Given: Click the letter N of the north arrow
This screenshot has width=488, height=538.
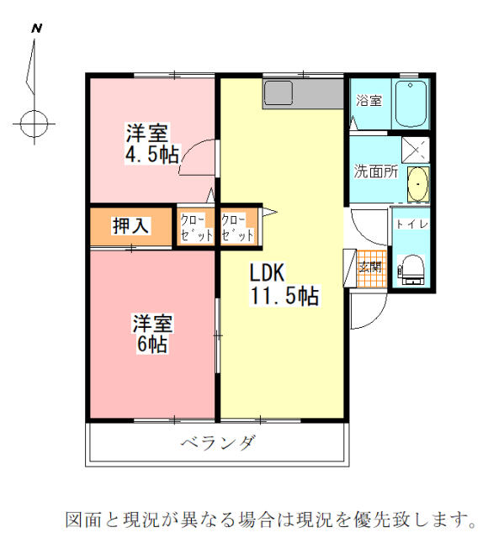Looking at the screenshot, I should point(36,28).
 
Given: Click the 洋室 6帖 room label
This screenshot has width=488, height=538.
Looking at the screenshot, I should point(152,333).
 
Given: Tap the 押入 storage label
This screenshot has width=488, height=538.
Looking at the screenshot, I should point(130,225).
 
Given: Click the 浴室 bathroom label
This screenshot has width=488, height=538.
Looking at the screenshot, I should point(368,101).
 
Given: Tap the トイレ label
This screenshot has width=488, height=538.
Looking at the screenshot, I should point(412,224).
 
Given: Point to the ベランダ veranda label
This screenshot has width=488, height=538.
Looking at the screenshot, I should point(217,443).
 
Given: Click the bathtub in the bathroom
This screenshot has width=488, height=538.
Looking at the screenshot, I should point(411,105).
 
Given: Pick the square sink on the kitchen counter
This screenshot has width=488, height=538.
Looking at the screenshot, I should point(277,92).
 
